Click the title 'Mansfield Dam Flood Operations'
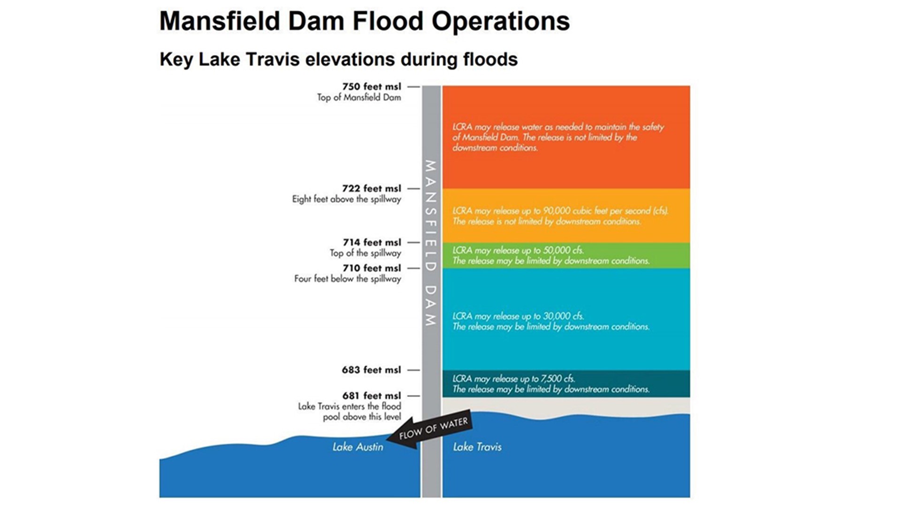click(364, 21)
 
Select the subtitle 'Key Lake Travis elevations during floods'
click(338, 60)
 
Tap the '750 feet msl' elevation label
click(371, 87)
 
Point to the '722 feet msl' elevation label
click(371, 189)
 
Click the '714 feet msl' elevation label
click(372, 243)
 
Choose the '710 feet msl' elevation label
click(372, 269)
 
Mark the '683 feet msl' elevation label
click(371, 370)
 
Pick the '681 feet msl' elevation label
click(371, 396)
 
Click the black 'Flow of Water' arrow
click(429, 431)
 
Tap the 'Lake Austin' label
click(358, 447)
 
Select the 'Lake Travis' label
click(477, 447)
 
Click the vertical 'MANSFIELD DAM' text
click(430, 243)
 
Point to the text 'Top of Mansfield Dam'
click(359, 98)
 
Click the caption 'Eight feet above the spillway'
click(346, 200)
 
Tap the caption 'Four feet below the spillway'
click(347, 279)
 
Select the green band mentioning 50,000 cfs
click(566, 255)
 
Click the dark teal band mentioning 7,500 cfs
click(566, 384)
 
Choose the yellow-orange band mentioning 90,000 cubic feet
click(566, 216)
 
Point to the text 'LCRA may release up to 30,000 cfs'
click(518, 316)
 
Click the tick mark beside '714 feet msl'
click(413, 243)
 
